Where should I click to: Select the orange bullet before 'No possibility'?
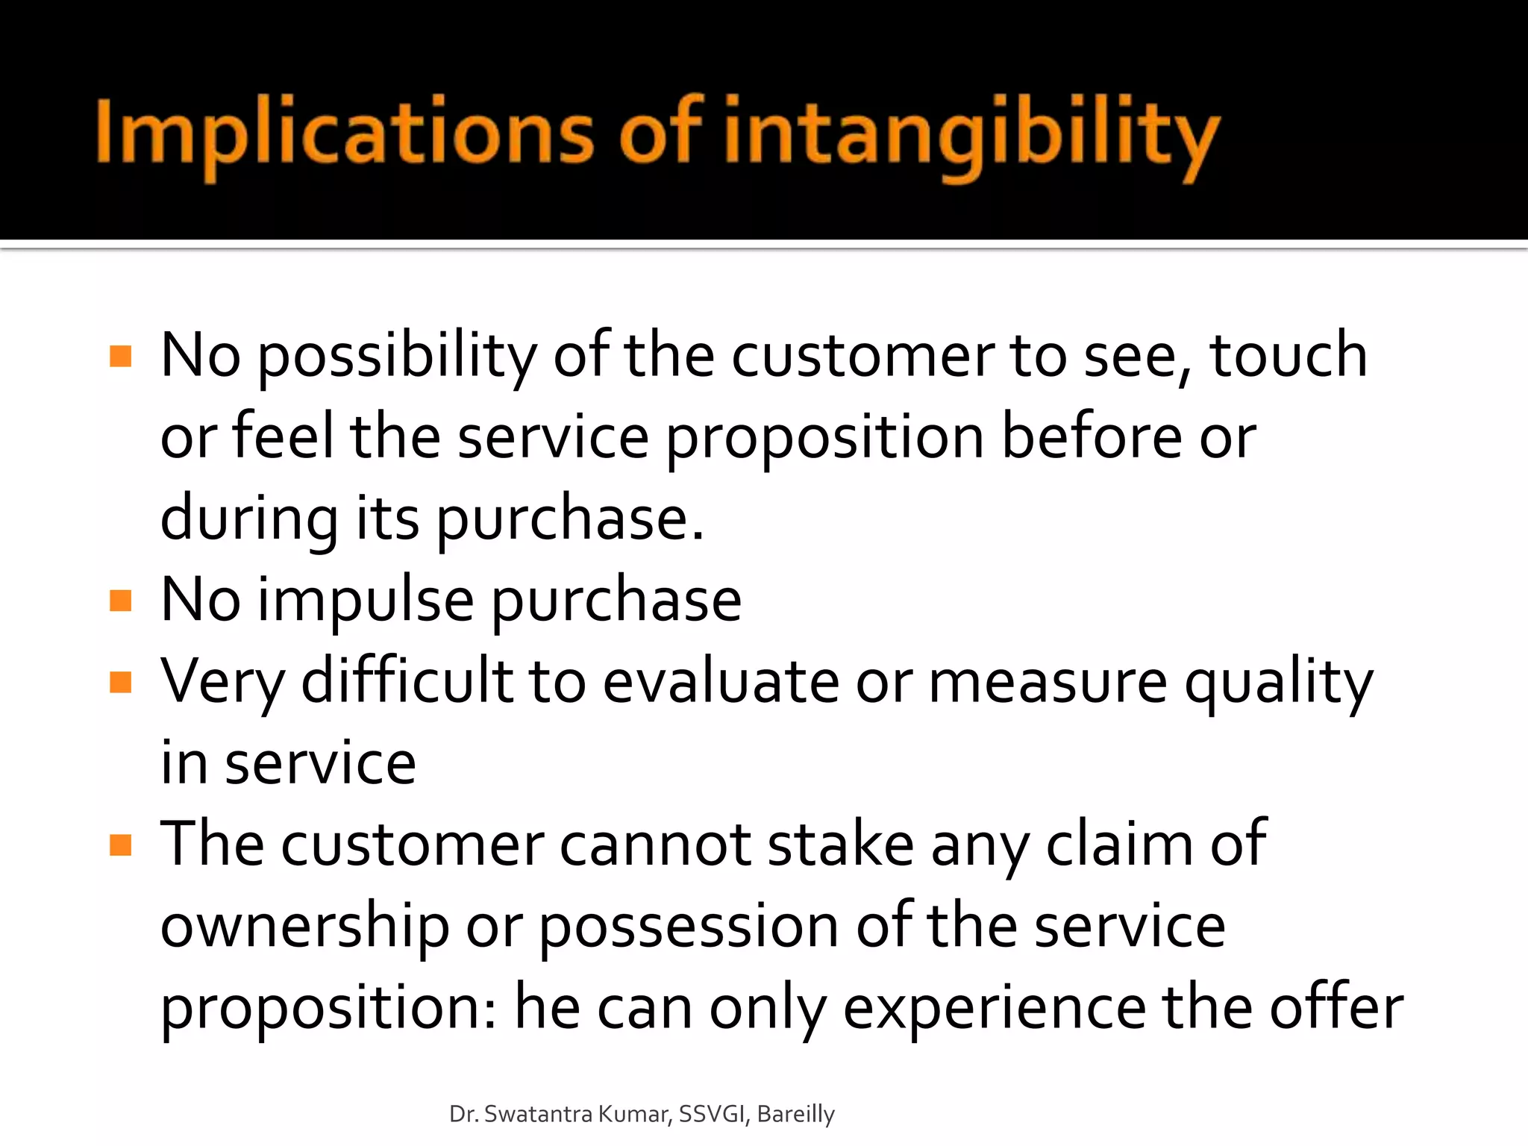click(x=120, y=356)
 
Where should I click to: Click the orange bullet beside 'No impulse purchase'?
click(x=120, y=601)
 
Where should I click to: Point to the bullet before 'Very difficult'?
click(x=120, y=682)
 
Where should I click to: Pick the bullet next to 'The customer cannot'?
click(x=120, y=845)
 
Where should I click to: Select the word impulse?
click(x=366, y=601)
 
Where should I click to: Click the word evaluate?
click(x=721, y=682)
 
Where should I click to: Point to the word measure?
click(x=1048, y=682)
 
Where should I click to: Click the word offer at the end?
click(x=1336, y=1007)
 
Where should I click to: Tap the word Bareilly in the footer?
click(x=795, y=1114)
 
